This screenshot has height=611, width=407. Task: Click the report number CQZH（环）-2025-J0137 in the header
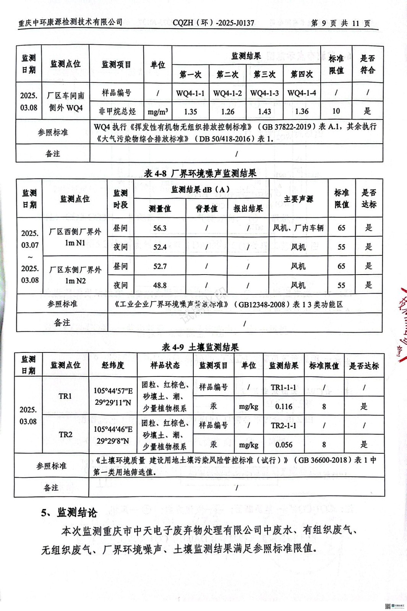pos(213,23)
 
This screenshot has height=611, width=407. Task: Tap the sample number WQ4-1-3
pos(264,93)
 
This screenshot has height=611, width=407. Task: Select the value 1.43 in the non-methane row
pos(264,112)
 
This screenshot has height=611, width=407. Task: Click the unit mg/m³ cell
pos(157,112)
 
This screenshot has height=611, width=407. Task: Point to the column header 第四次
pos(302,74)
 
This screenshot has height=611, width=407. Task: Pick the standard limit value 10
pos(336,111)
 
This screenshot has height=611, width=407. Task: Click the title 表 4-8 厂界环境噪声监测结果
pos(200,173)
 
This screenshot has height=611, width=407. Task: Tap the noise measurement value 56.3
pos(160,228)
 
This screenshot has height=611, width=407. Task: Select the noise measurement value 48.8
pos(160,285)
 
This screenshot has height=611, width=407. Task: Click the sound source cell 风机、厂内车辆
pos(298,228)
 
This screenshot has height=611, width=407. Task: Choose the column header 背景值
pos(206,209)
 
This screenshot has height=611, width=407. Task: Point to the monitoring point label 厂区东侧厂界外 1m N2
pos(75,275)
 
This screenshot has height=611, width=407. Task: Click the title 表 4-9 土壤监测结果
pos(200,347)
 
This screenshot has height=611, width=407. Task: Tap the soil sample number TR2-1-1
pos(284,425)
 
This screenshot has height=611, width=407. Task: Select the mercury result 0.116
pos(284,407)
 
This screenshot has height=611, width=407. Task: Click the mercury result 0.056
pos(284,445)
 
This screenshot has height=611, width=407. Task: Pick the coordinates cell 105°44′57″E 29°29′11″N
pos(113,396)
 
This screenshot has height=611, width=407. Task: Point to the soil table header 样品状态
pos(165,365)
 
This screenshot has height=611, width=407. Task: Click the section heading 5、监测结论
pos(69,512)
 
